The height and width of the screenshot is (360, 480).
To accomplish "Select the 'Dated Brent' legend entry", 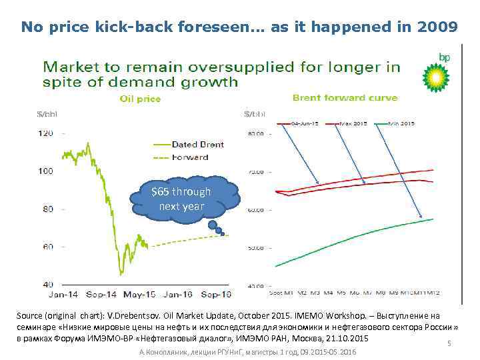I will [197, 144].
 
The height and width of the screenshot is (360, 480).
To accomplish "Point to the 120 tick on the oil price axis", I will [45, 133].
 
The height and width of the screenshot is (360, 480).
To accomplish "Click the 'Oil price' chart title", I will [140, 99].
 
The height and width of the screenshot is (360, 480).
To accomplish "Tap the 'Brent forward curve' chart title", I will [345, 98].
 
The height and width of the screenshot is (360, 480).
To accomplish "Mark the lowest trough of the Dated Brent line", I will [121, 273].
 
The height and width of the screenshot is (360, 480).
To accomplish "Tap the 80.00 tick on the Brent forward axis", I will [256, 133].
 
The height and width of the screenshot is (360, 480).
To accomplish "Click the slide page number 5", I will [449, 344].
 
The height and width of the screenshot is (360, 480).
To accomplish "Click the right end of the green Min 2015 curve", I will [433, 219].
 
